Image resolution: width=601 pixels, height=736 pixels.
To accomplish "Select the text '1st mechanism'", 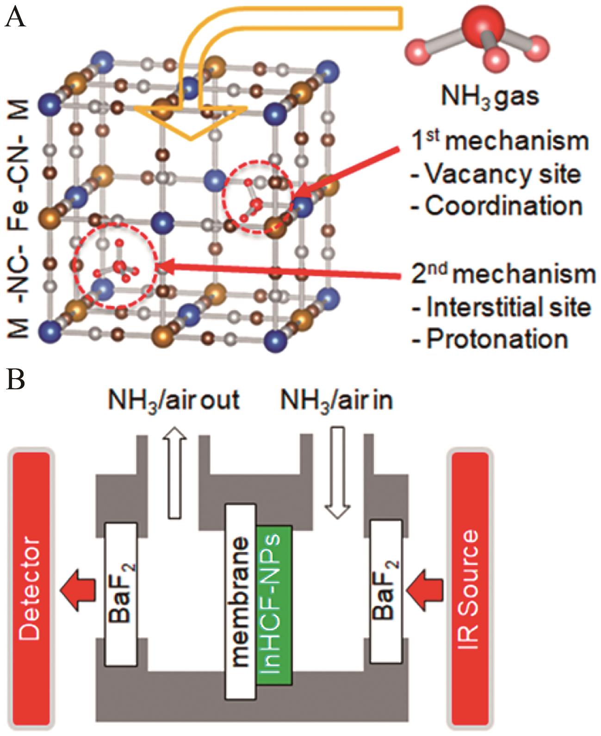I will click(500, 141).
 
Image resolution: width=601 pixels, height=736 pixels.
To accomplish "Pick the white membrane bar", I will click(241, 601).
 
